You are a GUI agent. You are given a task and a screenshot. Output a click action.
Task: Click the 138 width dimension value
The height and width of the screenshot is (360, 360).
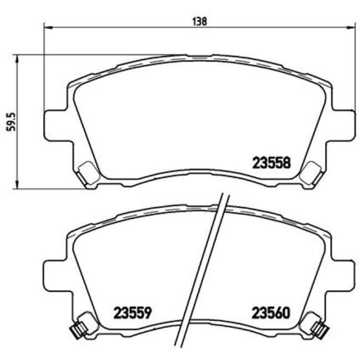tap(199, 21)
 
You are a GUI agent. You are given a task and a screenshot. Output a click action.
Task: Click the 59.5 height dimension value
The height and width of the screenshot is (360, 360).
tap(9, 120)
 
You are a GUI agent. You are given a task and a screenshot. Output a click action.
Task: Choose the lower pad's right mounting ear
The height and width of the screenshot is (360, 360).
tap(342, 272)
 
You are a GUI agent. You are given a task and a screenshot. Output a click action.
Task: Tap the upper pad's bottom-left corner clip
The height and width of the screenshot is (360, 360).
tap(88, 174)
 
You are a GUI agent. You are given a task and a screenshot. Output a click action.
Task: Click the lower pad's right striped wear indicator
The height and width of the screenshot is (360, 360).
tap(319, 330)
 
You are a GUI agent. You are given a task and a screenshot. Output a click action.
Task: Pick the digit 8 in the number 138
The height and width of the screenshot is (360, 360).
tap(204, 21)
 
